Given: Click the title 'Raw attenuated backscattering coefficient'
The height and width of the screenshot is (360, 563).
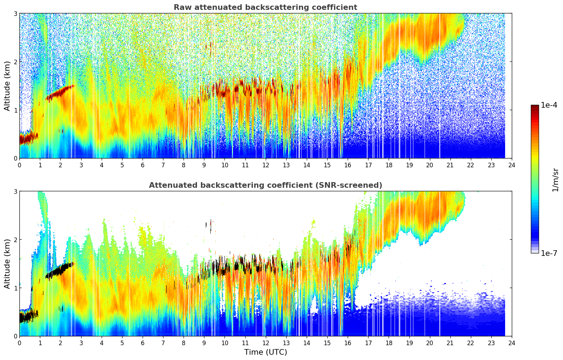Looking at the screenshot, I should [x=265, y=7].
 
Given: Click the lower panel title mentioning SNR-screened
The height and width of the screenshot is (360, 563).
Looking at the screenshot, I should [x=265, y=185].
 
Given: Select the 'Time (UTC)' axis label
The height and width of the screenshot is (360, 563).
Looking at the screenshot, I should [x=265, y=352].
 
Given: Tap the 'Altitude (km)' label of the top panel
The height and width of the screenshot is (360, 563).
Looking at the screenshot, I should [x=7, y=86].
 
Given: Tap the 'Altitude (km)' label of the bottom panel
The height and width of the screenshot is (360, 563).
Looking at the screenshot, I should [x=7, y=264].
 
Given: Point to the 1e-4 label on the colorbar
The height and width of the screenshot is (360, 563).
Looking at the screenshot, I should [x=549, y=105].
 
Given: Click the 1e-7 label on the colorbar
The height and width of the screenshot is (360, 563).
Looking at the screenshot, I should [x=549, y=253].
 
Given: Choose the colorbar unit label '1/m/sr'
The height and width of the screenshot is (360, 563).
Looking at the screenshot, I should [x=555, y=180].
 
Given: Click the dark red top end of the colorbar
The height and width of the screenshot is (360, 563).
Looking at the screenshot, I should [x=535, y=107].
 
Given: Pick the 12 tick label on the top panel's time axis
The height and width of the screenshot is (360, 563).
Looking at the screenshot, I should [x=265, y=165].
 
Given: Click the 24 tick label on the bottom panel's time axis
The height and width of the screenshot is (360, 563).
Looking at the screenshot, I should [x=512, y=343].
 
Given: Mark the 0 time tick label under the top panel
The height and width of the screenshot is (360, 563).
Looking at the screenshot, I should [x=19, y=165].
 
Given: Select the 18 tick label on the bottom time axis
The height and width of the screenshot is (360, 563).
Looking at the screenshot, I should [x=389, y=343].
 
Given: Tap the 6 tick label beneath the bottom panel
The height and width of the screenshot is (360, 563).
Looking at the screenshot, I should [x=143, y=343].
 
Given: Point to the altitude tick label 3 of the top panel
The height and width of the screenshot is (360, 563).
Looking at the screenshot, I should [x=15, y=13].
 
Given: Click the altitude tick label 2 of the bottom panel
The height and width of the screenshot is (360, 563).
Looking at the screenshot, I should [x=15, y=240].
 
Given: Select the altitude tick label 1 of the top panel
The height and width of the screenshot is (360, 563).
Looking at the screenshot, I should [x=15, y=110].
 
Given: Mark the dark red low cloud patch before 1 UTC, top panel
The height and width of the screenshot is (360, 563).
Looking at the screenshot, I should [x=28, y=137].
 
